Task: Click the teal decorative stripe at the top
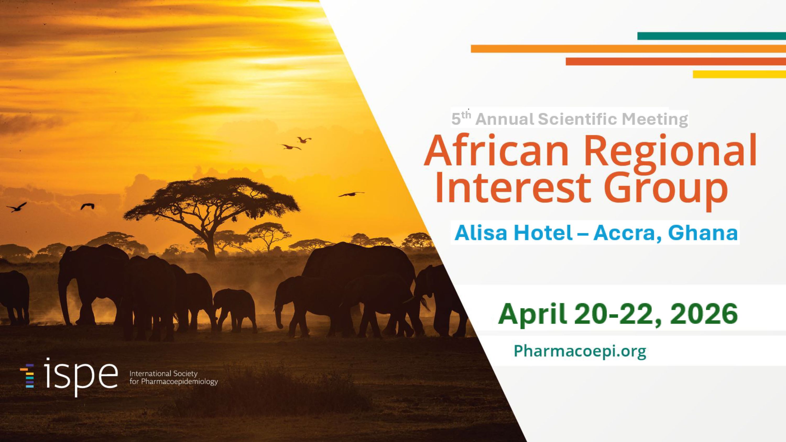[x=712, y=36]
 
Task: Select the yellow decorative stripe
[x=739, y=74]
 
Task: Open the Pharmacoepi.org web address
[x=580, y=351]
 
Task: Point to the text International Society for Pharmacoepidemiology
[x=174, y=378]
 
